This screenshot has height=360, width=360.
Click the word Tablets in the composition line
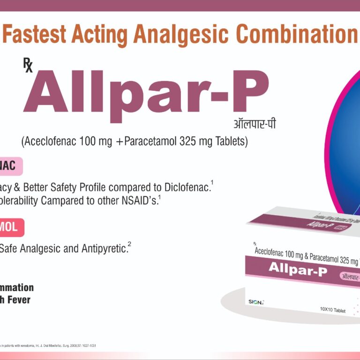click(x=229, y=141)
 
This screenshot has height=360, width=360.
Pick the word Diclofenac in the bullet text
click(x=186, y=187)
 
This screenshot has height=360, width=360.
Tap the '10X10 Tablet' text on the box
click(x=333, y=310)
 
